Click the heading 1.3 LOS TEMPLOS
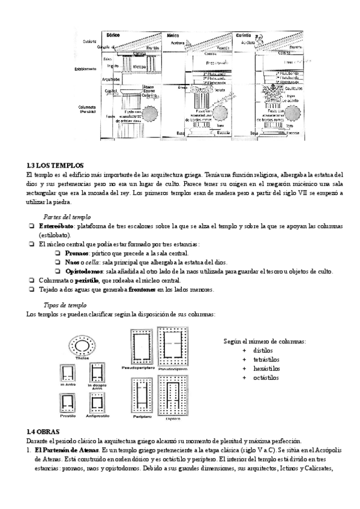point(55,165)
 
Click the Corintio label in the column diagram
point(243,35)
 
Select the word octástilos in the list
point(266,378)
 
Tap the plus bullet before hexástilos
point(244,369)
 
